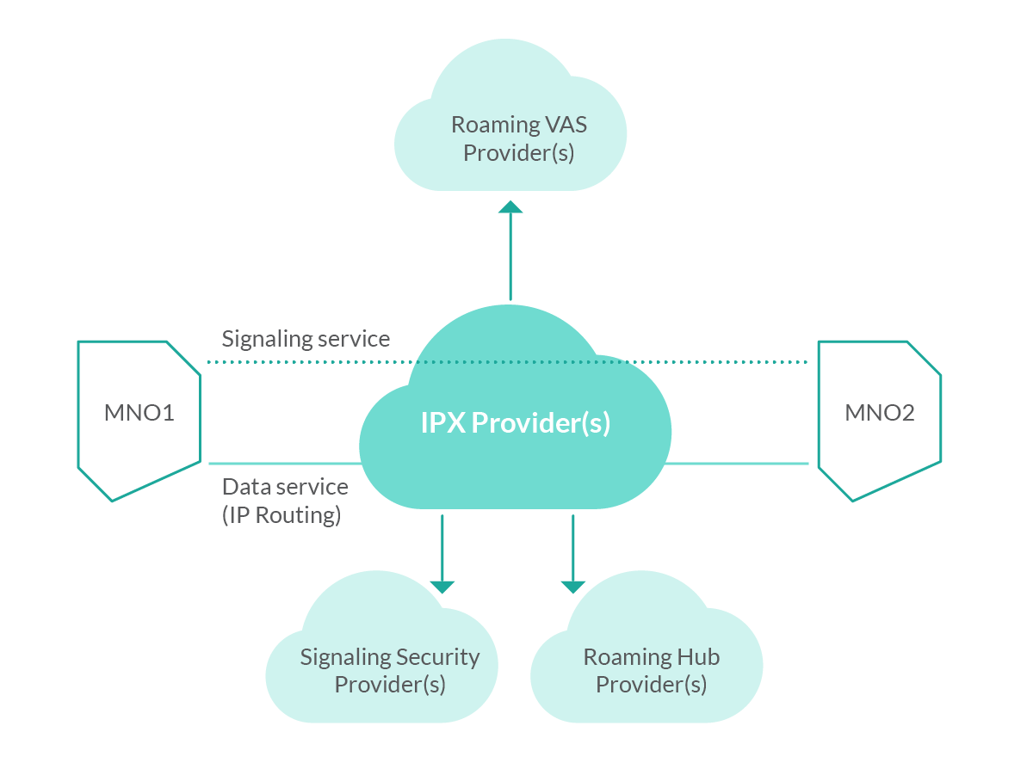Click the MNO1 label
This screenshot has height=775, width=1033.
(139, 413)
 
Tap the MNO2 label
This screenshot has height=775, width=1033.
(879, 413)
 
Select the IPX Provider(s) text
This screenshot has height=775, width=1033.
(515, 423)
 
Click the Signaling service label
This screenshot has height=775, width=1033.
(306, 338)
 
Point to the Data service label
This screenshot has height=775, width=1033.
(285, 487)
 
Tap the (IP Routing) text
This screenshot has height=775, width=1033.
(281, 515)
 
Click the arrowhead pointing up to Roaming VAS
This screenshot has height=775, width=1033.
(510, 206)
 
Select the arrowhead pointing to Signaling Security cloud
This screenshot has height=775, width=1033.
(442, 587)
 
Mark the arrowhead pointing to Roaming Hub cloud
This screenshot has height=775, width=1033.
(572, 587)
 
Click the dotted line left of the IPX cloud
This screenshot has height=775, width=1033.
(301, 362)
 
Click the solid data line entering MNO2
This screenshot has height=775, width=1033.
(740, 464)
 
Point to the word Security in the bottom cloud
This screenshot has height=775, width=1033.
(436, 657)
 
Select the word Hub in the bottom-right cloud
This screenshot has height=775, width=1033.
(699, 657)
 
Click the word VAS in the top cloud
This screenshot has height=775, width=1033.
(566, 125)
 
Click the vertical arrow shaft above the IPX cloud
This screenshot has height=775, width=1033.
(510, 258)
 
